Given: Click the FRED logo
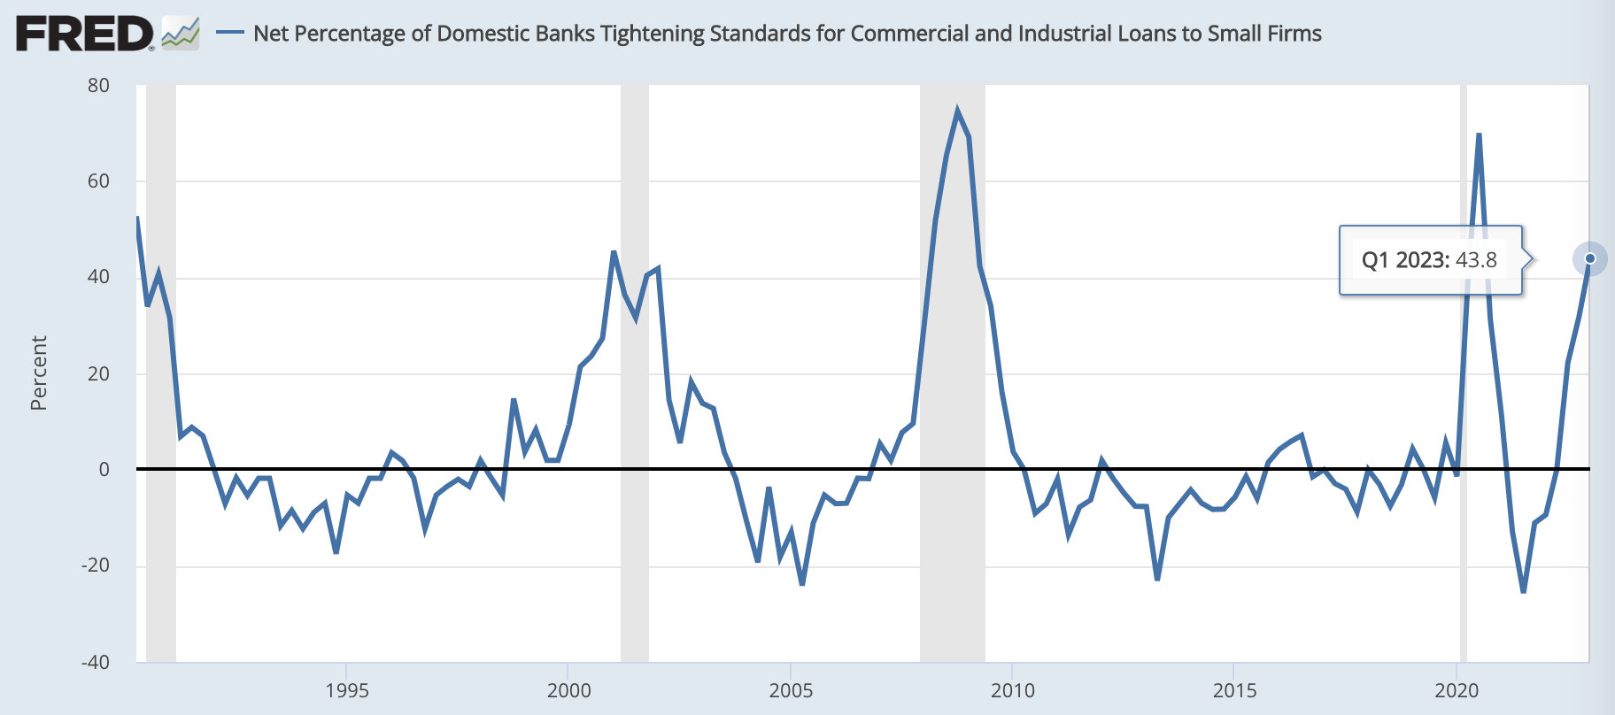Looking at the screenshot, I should [x=85, y=35].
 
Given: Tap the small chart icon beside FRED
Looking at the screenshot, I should [x=181, y=34].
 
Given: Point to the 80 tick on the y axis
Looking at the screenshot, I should [x=98, y=86].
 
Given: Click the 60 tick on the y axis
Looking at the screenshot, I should [x=98, y=181].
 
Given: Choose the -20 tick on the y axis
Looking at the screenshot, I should [x=95, y=565].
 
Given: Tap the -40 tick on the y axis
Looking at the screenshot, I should [x=95, y=662].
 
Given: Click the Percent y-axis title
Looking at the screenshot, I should [x=38, y=373].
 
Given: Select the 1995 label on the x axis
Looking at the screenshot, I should [x=347, y=690].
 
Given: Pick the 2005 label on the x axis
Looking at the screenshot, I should [x=791, y=690].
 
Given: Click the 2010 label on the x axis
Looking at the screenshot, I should [x=1013, y=690].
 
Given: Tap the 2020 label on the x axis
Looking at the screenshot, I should [x=1457, y=690].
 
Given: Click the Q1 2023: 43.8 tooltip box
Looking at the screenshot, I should [x=1429, y=260].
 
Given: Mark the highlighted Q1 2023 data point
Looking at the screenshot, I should [x=1589, y=258].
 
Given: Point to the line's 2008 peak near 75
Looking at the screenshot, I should [x=957, y=111].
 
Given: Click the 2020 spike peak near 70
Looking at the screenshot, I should [x=1479, y=135].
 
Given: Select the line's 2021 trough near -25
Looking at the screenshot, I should [x=1523, y=591].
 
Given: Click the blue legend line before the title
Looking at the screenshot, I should [x=230, y=34].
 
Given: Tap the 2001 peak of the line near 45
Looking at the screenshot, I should [x=614, y=252].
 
